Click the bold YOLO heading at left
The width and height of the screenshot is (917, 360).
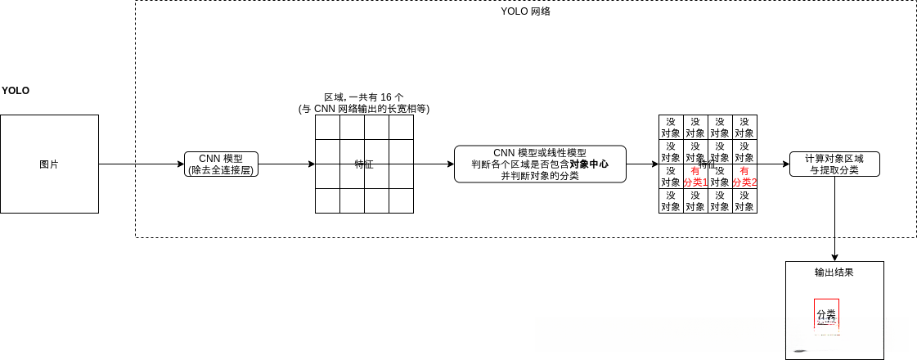(16, 91)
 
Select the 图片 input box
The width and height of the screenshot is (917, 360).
(49, 164)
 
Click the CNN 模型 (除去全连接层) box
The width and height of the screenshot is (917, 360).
(221, 164)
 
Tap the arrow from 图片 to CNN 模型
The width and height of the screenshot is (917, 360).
(141, 164)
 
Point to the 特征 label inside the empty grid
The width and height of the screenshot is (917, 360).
(364, 164)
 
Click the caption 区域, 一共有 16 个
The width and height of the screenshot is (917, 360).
(364, 97)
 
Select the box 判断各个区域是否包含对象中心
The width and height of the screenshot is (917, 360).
(540, 164)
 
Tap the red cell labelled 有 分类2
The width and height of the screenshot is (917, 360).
(744, 176)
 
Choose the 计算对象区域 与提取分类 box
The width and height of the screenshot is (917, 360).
(834, 164)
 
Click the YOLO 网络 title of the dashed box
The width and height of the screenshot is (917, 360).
(525, 11)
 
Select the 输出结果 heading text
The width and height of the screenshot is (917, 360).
(834, 272)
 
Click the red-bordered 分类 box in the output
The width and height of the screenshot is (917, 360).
(826, 314)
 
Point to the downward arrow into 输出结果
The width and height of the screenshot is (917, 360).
(834, 221)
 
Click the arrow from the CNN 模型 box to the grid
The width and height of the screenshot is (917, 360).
(286, 164)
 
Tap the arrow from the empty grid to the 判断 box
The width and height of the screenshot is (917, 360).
(434, 164)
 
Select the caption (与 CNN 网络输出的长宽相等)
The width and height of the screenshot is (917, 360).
(364, 109)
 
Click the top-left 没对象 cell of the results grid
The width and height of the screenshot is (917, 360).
(671, 127)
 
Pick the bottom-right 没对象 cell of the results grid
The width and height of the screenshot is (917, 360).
(744, 201)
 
